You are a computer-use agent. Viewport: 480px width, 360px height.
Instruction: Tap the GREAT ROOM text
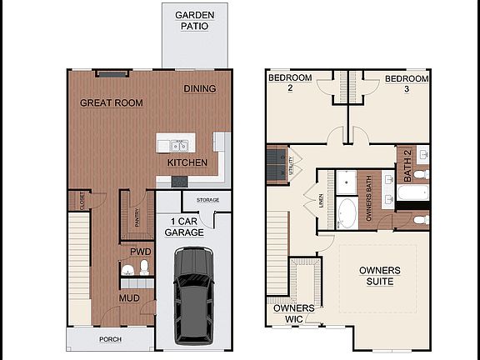[111, 103]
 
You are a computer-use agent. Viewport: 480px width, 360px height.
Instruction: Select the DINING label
[199, 89]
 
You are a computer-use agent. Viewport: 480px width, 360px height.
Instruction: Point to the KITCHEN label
[187, 162]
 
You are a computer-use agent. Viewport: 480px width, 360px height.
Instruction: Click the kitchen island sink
[178, 146]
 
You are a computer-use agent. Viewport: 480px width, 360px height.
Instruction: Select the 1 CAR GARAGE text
[184, 227]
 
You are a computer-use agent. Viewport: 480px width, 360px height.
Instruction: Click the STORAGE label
[207, 200]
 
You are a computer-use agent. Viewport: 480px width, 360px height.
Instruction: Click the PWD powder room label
[139, 251]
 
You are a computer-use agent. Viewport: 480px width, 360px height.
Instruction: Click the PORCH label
[110, 339]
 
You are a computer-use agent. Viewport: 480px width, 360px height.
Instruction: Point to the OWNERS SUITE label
[379, 276]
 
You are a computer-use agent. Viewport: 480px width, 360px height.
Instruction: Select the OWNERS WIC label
[294, 312]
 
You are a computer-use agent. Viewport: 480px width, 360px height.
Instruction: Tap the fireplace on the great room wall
[110, 72]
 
